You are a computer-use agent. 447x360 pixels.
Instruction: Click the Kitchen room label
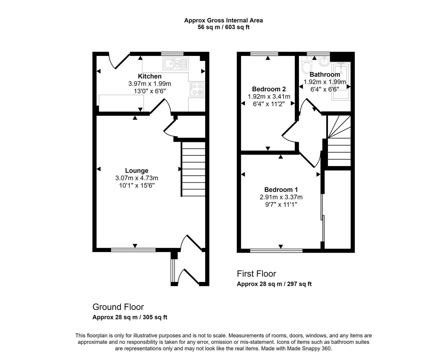(149, 76)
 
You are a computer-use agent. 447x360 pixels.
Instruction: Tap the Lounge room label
(136, 171)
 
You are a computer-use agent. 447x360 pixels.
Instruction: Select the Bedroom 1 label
(281, 190)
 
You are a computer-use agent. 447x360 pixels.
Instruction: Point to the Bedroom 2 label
(269, 89)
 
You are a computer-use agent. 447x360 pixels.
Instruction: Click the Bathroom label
(324, 74)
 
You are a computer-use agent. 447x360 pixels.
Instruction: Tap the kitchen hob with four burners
(197, 89)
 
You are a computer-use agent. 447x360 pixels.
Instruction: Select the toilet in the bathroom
(306, 66)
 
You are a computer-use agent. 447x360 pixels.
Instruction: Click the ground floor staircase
(193, 169)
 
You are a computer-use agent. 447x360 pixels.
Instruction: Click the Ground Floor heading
(118, 307)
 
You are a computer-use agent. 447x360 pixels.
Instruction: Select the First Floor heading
(256, 274)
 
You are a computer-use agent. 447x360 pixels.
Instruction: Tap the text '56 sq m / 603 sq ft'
(223, 27)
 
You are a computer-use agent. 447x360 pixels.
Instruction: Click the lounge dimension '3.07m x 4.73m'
(136, 178)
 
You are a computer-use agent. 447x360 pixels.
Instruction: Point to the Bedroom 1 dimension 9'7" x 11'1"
(281, 204)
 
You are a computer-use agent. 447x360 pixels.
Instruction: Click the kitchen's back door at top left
(119, 61)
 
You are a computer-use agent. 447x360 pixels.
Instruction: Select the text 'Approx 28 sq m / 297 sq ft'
(274, 284)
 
